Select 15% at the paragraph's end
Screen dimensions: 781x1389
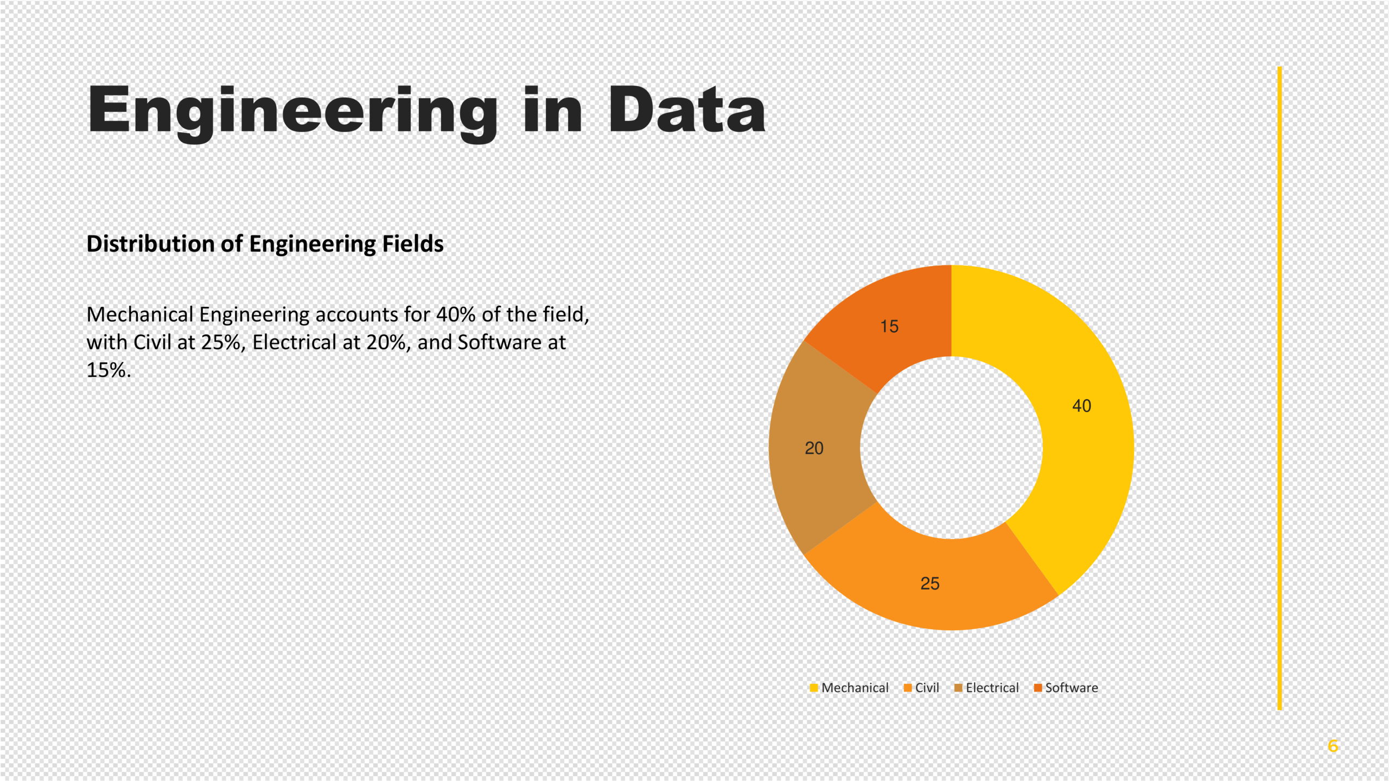(108, 370)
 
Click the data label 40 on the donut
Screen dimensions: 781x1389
(1081, 406)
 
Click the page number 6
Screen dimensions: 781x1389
(1333, 746)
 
